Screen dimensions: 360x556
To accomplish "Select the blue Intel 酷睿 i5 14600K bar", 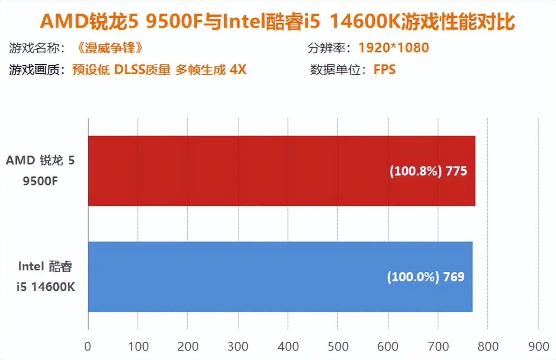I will point(280,276).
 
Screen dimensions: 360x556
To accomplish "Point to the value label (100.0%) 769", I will point(425,276).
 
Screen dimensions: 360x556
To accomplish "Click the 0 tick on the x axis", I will point(88,346).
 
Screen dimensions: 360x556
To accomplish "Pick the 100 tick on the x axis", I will point(138,346).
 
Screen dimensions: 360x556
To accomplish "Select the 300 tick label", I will point(238,346).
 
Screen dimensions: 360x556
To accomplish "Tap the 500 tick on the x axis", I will point(338,346).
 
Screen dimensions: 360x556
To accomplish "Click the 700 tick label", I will point(438,346).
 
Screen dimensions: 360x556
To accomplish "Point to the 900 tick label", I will point(537,346).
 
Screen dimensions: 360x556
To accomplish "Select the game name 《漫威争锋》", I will point(107,47).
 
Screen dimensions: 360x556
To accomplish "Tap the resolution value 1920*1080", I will point(393,47).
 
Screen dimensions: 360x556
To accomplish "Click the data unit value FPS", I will point(384,70).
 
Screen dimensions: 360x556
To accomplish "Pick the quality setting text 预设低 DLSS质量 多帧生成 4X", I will point(159,70).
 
